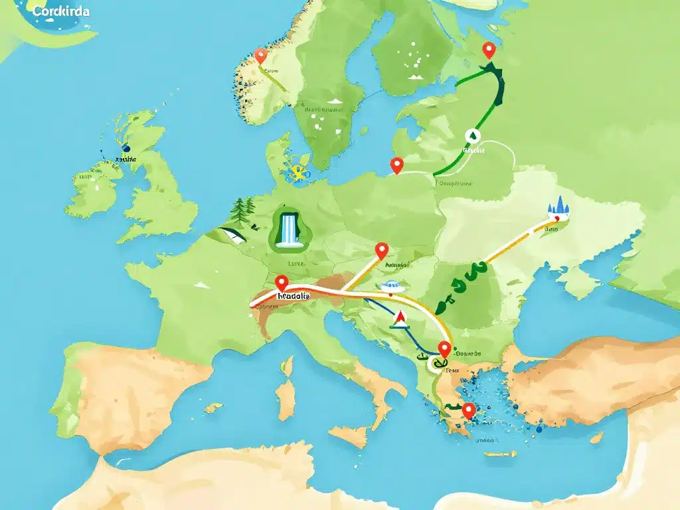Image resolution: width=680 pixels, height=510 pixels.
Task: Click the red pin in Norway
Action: point(261,55)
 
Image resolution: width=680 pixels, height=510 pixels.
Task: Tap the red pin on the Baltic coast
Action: point(397,164)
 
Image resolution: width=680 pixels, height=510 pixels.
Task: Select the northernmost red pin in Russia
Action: point(489,49)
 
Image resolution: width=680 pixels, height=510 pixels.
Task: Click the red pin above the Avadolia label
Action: point(282,283)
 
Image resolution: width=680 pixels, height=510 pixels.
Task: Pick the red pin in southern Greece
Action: point(469,410)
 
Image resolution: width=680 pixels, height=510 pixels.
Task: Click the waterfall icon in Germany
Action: point(287,230)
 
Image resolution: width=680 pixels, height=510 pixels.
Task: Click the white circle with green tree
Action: point(472,135)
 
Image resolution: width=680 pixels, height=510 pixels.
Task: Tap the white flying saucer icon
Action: point(390,287)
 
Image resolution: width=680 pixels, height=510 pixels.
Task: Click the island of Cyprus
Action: point(596,437)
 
